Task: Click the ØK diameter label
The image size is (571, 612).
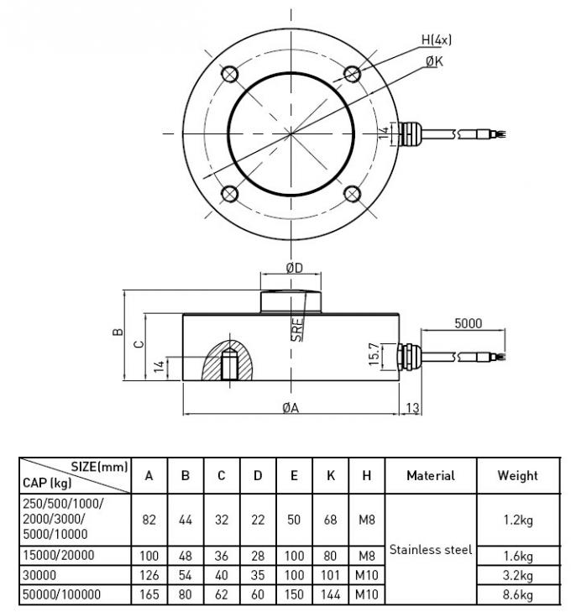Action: pyautogui.click(x=435, y=61)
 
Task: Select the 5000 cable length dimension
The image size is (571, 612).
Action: pyautogui.click(x=468, y=322)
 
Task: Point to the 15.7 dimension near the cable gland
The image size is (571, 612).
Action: pyautogui.click(x=373, y=355)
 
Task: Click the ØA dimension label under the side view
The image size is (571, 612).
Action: pyautogui.click(x=291, y=407)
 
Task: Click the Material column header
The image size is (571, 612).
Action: pyautogui.click(x=430, y=475)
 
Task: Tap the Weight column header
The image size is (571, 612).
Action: pyautogui.click(x=517, y=475)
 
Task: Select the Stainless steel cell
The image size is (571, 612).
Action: pyautogui.click(x=430, y=550)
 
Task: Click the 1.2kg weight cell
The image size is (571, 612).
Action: pyautogui.click(x=517, y=520)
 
